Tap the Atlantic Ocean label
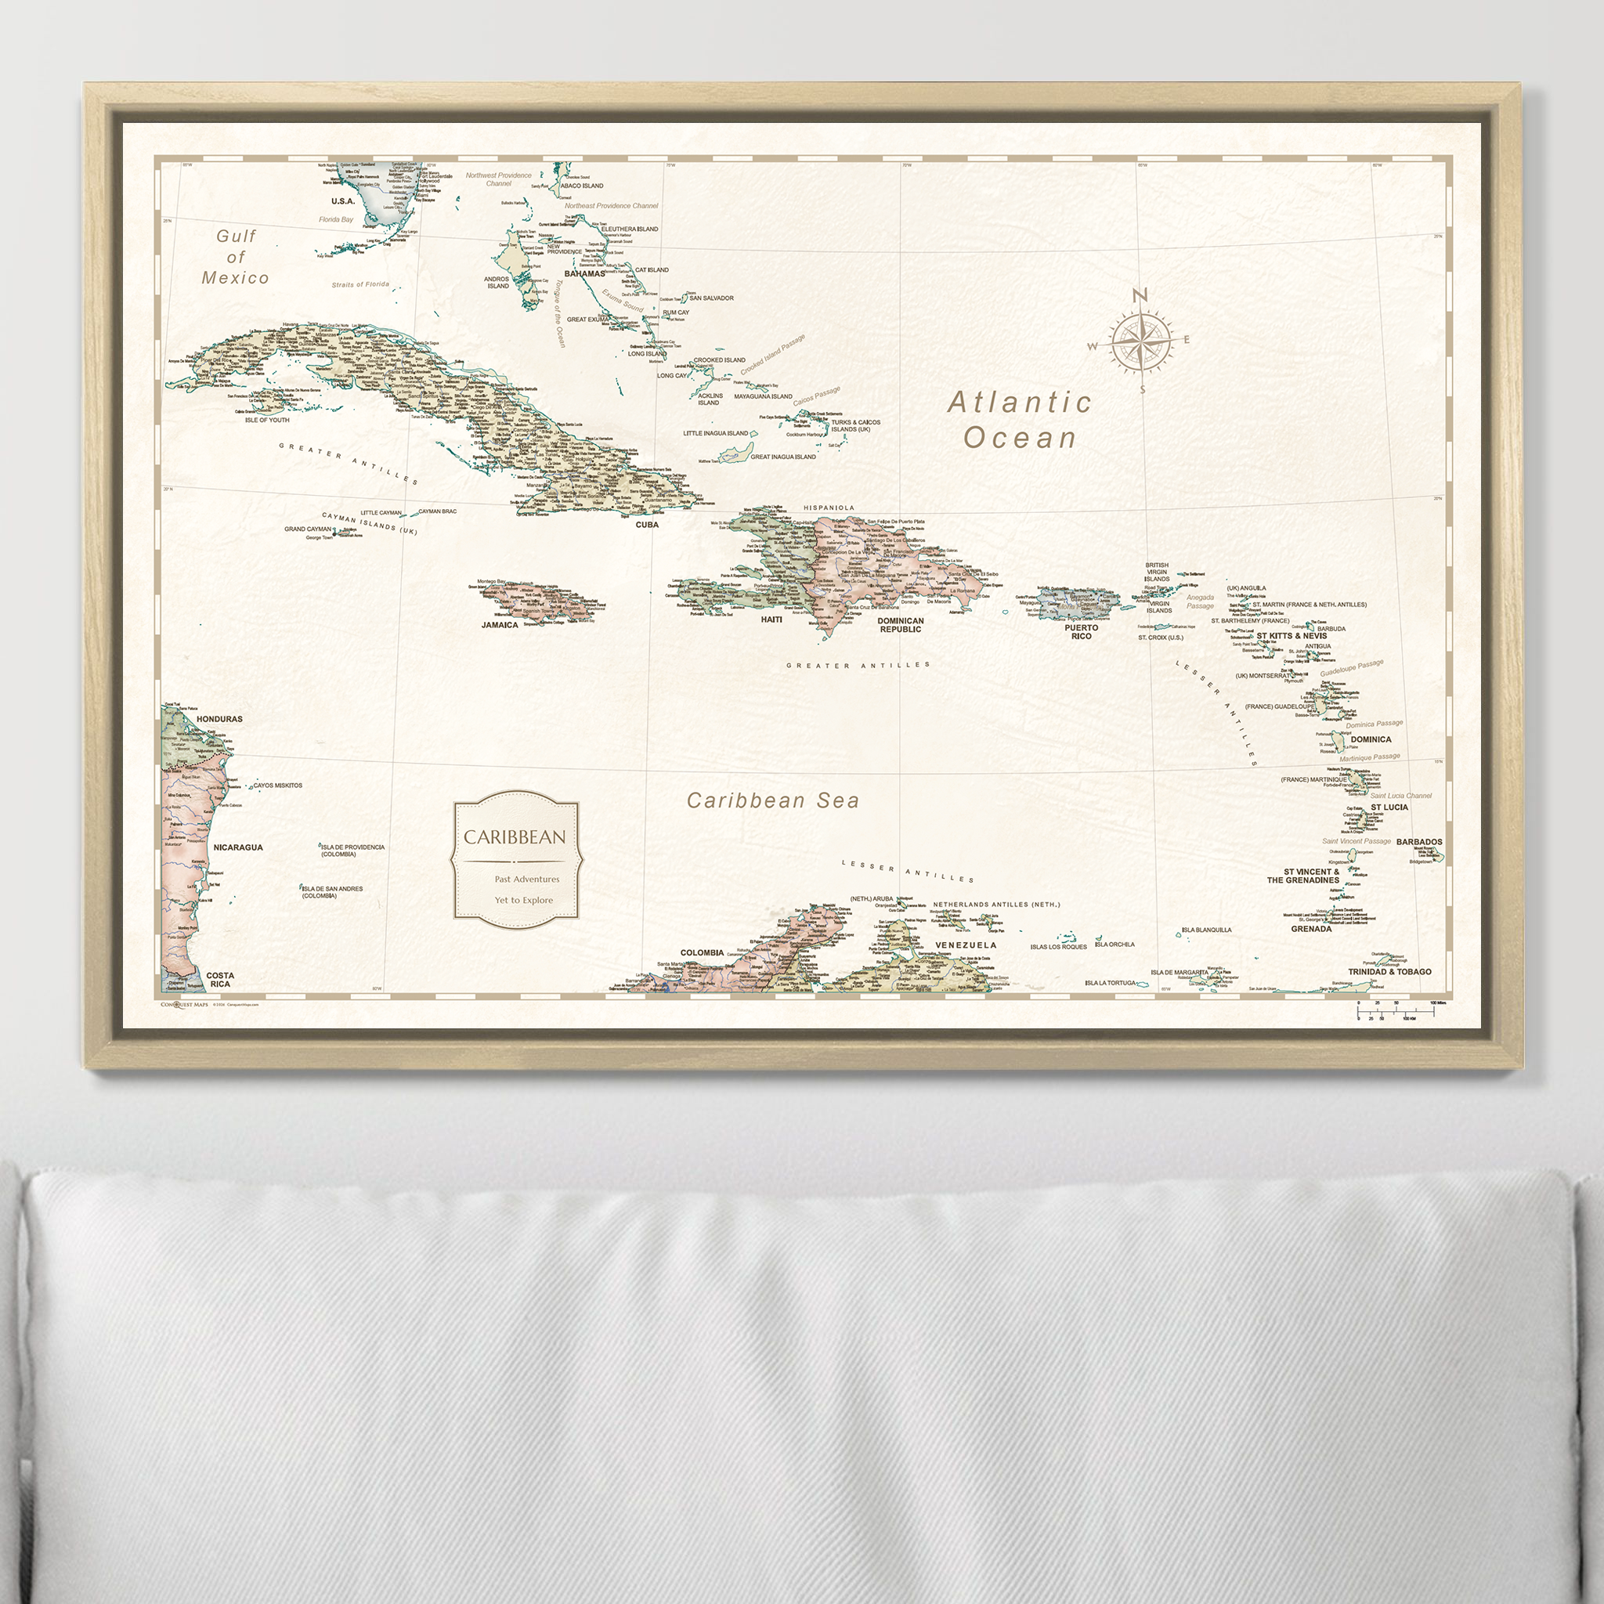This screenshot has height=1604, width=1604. coord(1021,420)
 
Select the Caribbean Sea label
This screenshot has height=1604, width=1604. coord(772,800)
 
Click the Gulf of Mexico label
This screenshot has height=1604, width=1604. coord(236,257)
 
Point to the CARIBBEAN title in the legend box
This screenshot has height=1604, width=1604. coord(515,837)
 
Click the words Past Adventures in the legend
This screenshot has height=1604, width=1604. coord(526,879)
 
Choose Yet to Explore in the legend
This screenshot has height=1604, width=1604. coord(523,900)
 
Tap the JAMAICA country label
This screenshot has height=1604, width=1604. coord(500,625)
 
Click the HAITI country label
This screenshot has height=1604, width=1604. coord(771,620)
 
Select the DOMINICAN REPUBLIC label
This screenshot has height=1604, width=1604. coord(901,625)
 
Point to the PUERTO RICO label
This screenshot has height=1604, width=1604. coord(1081,632)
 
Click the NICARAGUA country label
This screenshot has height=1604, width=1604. coord(238,847)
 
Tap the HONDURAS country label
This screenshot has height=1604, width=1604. coord(219,719)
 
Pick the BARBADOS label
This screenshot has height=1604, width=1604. coord(1419,842)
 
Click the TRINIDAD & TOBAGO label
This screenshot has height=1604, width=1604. coord(1389,971)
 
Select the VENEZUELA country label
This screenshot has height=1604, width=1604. coord(966,945)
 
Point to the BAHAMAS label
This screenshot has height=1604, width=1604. coord(584,273)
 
